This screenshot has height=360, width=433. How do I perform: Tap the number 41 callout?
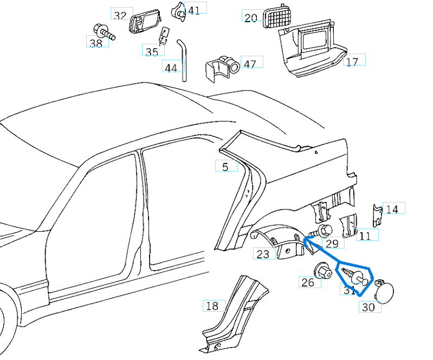point(193,10)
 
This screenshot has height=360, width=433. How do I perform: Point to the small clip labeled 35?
point(161,36)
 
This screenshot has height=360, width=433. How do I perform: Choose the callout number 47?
point(250,64)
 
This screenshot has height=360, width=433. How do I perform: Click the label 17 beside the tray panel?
point(352,62)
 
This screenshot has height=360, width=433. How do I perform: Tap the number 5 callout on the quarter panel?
point(225,167)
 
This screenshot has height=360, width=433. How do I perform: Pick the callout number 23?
point(263,254)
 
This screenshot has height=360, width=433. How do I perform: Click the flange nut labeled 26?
point(322,271)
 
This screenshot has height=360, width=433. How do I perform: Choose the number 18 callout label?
point(212,306)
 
